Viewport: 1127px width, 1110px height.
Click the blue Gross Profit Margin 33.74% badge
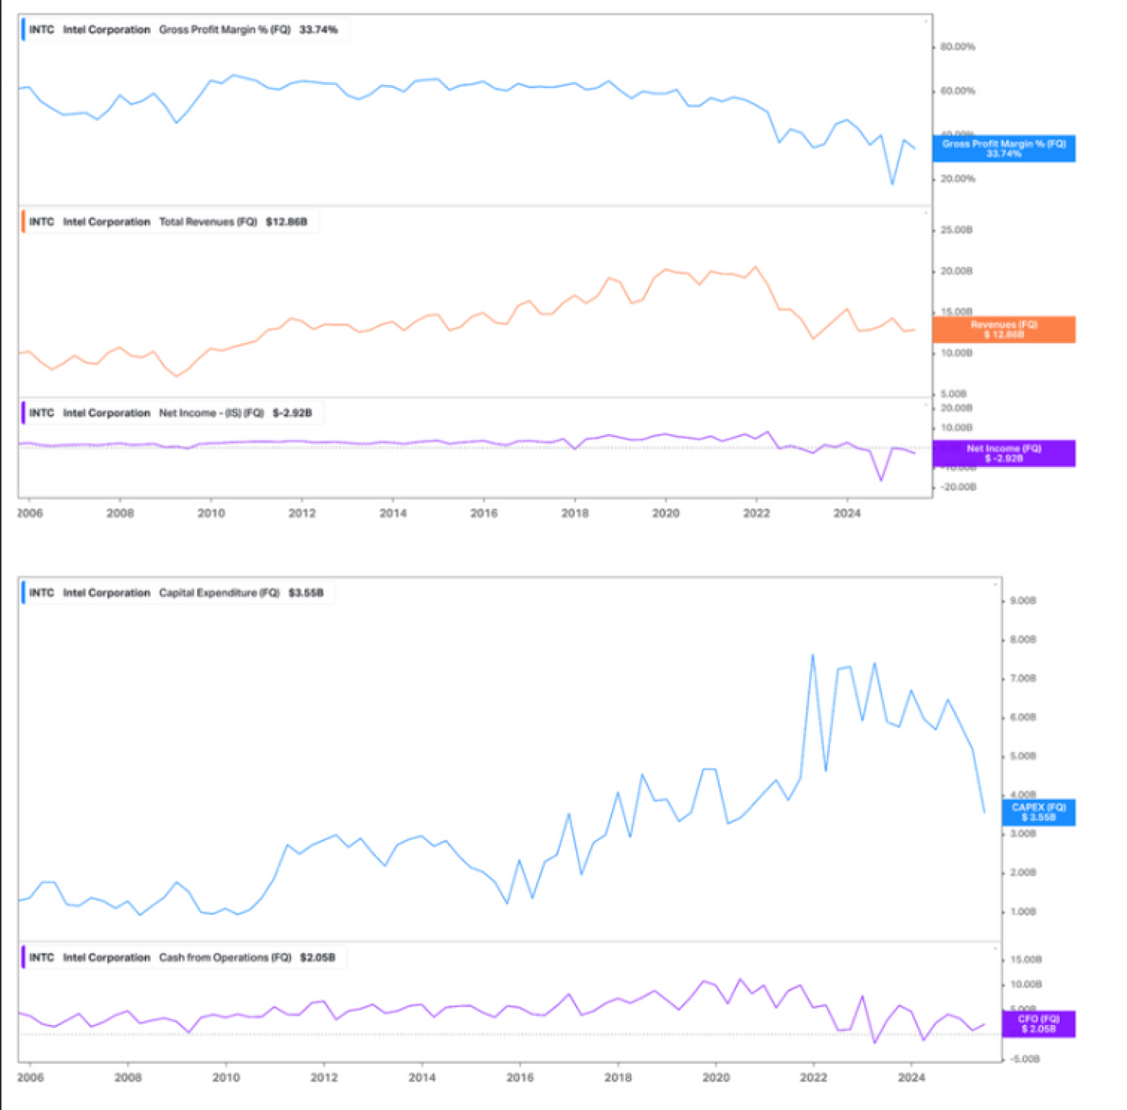1003,148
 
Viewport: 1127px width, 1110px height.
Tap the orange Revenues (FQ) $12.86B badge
1003,329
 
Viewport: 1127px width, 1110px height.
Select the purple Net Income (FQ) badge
1003,453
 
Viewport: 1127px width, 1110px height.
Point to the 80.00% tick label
957,47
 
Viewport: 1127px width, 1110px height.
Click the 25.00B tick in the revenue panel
956,230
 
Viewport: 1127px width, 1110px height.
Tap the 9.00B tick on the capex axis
1023,601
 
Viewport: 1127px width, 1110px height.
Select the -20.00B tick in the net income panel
958,487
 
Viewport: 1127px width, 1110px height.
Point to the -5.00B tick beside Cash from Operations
1024,1059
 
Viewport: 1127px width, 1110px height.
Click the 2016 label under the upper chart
484,513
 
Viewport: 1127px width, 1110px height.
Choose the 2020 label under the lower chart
716,1078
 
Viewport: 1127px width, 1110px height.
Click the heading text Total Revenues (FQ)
208,222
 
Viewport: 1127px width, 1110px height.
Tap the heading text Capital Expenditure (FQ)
219,593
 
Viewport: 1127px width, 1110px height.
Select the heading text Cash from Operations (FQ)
225,957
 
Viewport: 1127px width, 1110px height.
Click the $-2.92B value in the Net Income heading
292,413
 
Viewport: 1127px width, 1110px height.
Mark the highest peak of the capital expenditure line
813,655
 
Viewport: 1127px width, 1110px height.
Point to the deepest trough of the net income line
881,480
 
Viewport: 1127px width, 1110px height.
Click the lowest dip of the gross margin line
892,184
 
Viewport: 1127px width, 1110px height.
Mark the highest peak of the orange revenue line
755,267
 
